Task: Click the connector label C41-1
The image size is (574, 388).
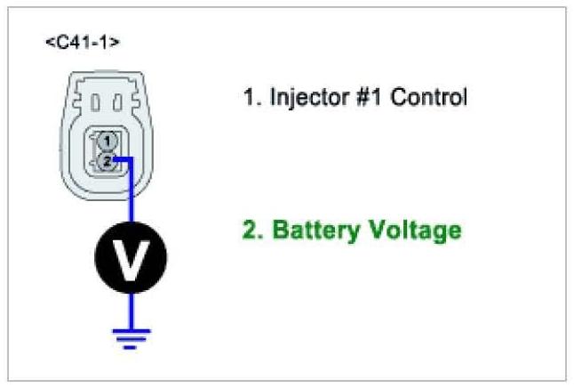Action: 82,42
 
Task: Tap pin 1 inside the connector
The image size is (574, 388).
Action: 107,141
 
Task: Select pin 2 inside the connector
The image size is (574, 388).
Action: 107,161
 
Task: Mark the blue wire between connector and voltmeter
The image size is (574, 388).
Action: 132,196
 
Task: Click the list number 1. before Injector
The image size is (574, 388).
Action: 251,97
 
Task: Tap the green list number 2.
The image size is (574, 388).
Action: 251,230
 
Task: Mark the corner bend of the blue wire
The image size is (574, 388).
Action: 132,161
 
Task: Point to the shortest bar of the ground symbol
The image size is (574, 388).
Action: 132,346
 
